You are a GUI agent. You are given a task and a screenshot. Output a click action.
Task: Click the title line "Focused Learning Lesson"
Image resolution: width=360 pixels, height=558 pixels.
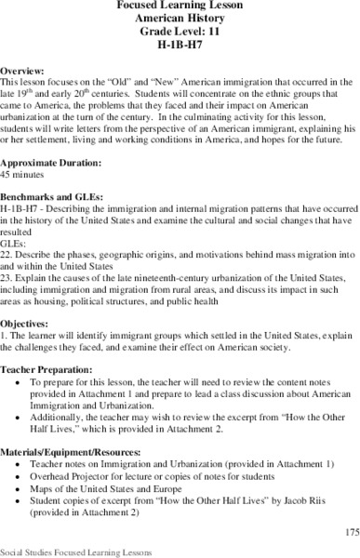[180, 6]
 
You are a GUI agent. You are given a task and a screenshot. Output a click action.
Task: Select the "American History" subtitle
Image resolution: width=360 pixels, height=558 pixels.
[180, 19]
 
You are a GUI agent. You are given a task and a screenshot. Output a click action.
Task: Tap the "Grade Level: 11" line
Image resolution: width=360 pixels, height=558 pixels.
[180, 32]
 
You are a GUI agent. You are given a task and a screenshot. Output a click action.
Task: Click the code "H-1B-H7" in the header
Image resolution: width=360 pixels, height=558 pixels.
[180, 45]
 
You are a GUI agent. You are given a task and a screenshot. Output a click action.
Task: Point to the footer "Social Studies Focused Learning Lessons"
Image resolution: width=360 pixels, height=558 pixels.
[70, 551]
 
